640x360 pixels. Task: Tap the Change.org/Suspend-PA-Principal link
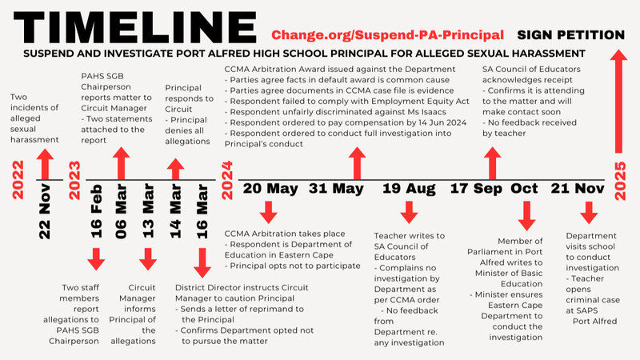tap(387, 35)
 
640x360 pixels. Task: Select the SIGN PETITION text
tap(570, 35)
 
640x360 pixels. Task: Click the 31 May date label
tap(336, 189)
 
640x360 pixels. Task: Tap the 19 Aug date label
tap(408, 189)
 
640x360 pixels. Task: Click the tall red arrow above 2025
tap(618, 104)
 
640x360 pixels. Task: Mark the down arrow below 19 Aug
tap(408, 213)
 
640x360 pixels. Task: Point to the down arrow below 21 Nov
tap(588, 213)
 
